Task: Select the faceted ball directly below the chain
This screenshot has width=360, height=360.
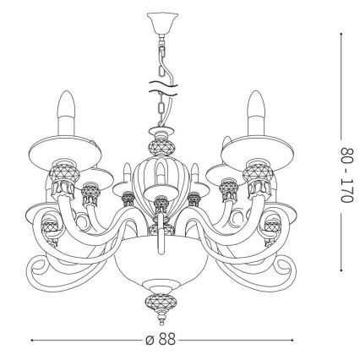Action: pos(158,144)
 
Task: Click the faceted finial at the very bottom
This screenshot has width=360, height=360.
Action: pos(158,302)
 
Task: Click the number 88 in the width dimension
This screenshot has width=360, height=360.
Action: pos(168,341)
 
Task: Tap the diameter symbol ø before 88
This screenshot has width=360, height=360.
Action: pos(148,341)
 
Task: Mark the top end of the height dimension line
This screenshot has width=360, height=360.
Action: pos(341,35)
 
